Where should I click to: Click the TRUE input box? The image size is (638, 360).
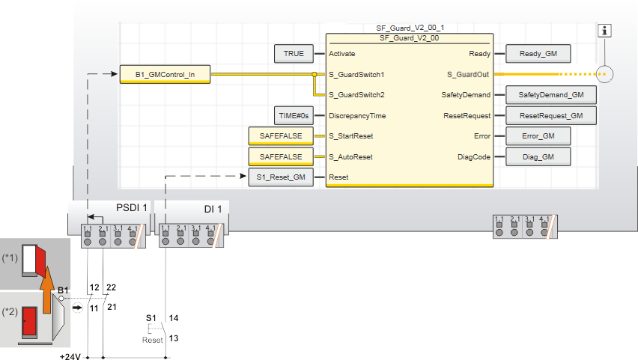[x=294, y=54]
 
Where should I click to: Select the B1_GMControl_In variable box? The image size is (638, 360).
[x=165, y=75]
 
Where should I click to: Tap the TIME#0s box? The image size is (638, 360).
[x=294, y=116]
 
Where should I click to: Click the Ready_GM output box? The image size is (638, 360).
[x=538, y=54]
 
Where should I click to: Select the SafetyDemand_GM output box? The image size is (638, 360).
[x=550, y=95]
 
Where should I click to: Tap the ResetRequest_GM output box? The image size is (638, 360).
[x=550, y=116]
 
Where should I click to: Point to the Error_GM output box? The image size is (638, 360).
[x=538, y=136]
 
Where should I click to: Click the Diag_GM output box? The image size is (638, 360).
[x=538, y=156]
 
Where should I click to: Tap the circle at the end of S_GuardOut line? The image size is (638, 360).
[x=605, y=74]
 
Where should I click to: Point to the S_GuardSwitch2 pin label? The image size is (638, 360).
[x=356, y=95]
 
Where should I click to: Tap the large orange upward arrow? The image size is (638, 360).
[x=46, y=288]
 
